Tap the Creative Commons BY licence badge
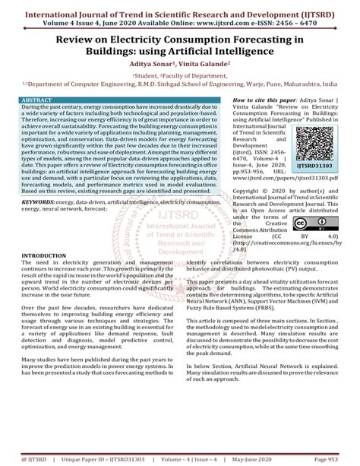[x=311, y=224]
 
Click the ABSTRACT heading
[x=37, y=100]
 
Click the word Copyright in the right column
[x=249, y=192]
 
